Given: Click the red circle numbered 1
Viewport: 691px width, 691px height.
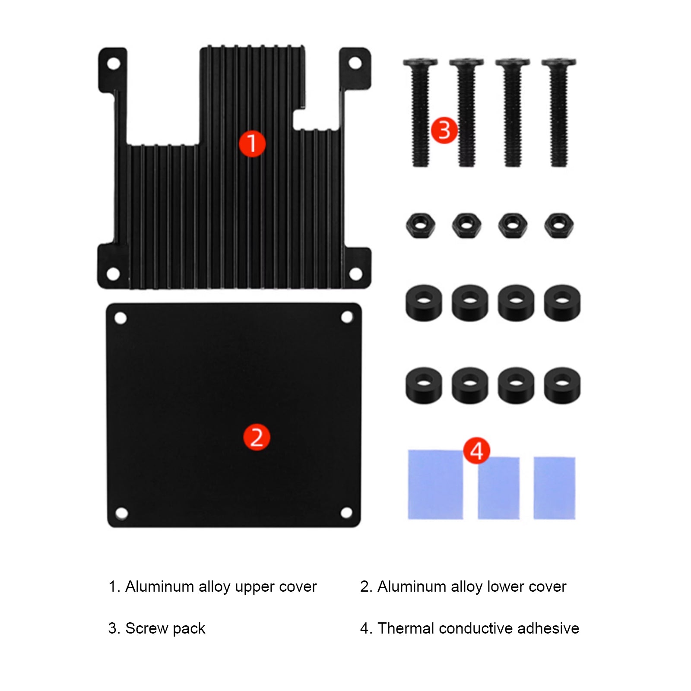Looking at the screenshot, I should point(252,144).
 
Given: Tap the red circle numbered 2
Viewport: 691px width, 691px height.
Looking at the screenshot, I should point(257,437).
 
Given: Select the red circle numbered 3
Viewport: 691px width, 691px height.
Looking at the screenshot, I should point(444,130).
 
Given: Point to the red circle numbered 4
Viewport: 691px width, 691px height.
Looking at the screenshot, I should point(476,451).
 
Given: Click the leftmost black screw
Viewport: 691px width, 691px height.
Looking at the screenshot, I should point(420,112).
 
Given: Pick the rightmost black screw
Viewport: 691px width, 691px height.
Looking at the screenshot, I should point(558,112).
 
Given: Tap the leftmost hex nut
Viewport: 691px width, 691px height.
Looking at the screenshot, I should point(420,225).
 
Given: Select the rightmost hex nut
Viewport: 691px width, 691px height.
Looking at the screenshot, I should point(559,225).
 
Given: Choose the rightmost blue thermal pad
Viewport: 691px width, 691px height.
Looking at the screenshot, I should point(554,488).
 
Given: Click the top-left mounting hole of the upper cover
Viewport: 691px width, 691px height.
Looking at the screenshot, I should point(113,64).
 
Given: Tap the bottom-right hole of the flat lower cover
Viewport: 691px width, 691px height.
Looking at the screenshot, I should point(346,513).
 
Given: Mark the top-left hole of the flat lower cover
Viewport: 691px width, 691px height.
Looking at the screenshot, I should point(121,318).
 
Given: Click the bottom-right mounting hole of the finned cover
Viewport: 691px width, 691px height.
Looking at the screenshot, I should point(355,273).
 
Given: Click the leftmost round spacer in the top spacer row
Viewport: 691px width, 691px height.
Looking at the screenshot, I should point(424,302).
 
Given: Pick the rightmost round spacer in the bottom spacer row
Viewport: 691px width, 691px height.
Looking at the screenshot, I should point(562,385).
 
